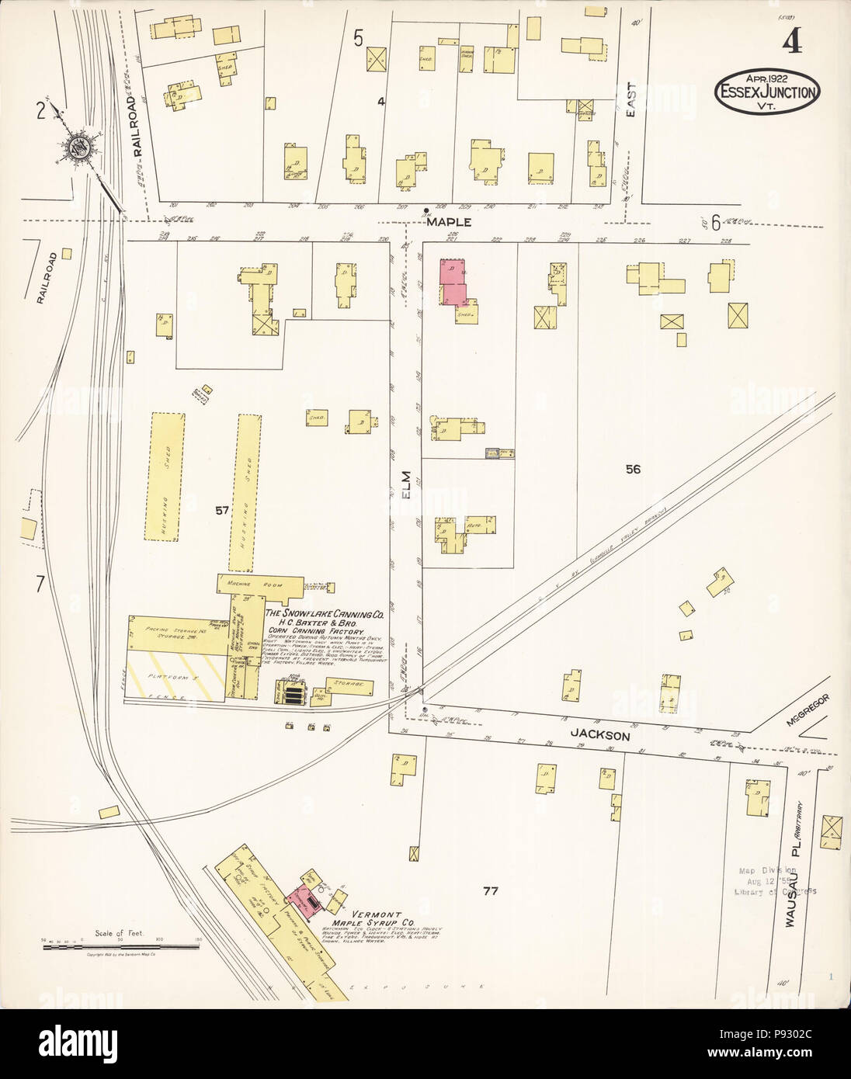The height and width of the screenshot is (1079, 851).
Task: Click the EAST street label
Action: pos(631,102)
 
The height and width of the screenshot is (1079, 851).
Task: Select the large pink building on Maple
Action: pos(455,283)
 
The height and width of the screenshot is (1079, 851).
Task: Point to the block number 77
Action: pos(488,890)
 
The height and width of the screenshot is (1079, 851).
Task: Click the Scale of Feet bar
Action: pos(120,945)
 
